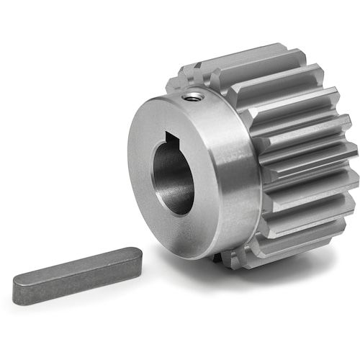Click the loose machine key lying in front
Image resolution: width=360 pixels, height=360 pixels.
coord(76,275)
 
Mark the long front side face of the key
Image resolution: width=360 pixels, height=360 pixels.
coord(72,284)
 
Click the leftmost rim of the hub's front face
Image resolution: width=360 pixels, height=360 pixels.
coord(131,166)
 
